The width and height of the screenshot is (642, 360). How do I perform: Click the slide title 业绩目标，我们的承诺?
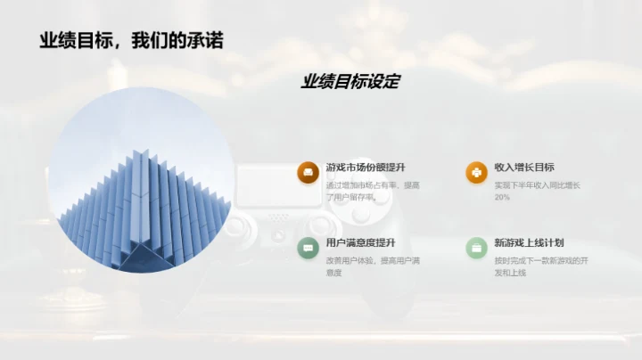[x=131, y=40]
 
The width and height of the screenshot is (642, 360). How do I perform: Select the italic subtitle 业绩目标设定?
[x=350, y=82]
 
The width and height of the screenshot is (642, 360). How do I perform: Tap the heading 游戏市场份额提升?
[x=366, y=168]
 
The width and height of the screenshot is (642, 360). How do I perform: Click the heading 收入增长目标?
[x=524, y=168]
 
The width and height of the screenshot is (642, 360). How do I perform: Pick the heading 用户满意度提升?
[x=360, y=242]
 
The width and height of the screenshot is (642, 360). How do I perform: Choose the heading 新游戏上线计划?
[x=529, y=242]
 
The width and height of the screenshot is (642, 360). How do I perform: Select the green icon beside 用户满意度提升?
[x=308, y=248]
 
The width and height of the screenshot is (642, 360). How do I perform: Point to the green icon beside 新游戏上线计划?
[x=476, y=248]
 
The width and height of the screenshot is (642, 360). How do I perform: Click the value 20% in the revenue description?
[x=502, y=197]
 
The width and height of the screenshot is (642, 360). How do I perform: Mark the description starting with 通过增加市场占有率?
[x=373, y=191]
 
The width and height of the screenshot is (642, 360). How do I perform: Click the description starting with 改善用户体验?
[x=373, y=266]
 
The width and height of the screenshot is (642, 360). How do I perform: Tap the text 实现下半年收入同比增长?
[x=537, y=185]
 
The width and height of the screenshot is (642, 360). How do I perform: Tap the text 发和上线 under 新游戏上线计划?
[x=510, y=273]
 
